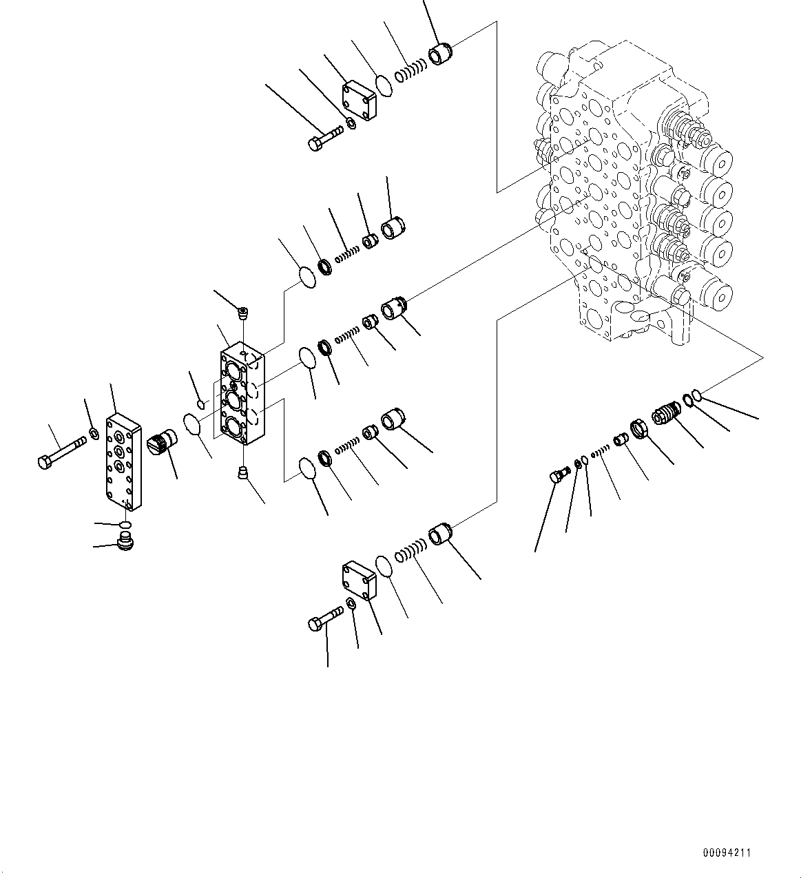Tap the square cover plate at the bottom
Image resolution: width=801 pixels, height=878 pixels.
358,580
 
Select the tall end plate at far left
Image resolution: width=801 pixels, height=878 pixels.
123,462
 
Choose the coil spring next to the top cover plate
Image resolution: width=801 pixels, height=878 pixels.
410,69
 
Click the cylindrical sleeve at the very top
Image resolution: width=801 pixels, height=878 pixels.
439,53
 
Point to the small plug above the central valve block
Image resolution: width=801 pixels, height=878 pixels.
242,314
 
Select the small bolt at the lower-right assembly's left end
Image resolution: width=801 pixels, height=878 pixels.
557,475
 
